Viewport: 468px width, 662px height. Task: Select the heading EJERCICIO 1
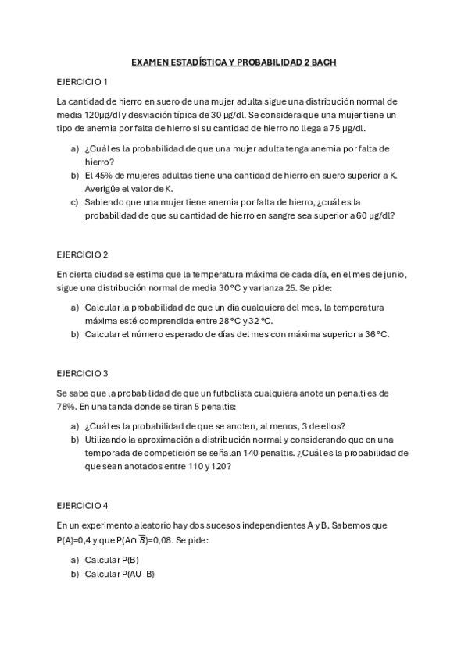coord(82,82)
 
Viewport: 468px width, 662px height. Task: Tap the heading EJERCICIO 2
coord(82,254)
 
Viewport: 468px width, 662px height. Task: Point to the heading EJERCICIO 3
coord(82,373)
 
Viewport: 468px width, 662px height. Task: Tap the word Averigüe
coord(104,188)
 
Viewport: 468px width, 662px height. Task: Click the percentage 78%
coord(67,407)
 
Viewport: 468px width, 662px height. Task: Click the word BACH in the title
coord(322,62)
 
